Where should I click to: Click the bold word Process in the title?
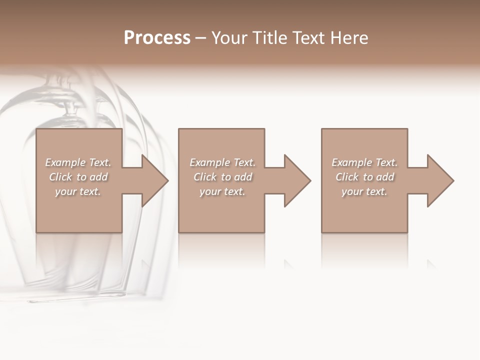point(157,38)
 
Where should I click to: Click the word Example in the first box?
point(65,162)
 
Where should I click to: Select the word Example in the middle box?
point(209,162)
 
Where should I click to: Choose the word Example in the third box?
point(351,162)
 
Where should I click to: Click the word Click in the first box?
point(60,177)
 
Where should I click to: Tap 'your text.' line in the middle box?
point(222,191)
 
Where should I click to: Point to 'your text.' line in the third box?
point(364,191)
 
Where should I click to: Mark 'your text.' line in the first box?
point(77,191)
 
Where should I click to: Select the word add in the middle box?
point(243,177)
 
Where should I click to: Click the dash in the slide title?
point(200,38)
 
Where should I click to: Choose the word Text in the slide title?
point(306,38)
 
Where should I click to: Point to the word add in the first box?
point(98,177)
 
